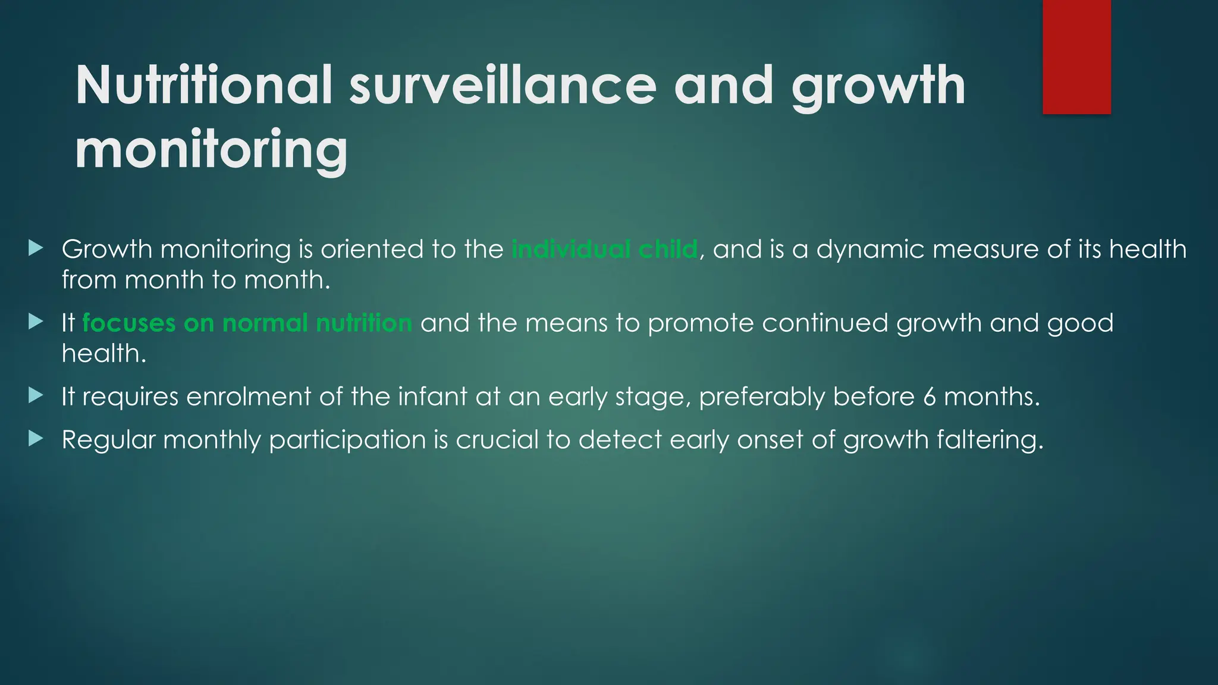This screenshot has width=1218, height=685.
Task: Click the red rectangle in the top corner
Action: pyautogui.click(x=1076, y=56)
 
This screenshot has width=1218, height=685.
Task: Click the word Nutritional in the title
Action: pyautogui.click(x=203, y=86)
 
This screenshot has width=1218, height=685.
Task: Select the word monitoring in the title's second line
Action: pyautogui.click(x=211, y=150)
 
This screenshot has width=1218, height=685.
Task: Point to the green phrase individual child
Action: pyautogui.click(x=604, y=249)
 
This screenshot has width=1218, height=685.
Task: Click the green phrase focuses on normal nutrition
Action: pyautogui.click(x=247, y=323)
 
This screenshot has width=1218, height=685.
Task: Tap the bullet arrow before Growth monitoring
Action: pyautogui.click(x=36, y=248)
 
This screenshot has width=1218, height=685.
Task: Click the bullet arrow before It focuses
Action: pyautogui.click(x=36, y=322)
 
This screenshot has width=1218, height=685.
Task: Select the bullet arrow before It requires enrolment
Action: pyautogui.click(x=36, y=395)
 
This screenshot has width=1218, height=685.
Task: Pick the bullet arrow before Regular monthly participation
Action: pyautogui.click(x=36, y=439)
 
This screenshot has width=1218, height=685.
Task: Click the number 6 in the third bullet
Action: pyautogui.click(x=930, y=397)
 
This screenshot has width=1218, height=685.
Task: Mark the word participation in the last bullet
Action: pyautogui.click(x=347, y=440)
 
